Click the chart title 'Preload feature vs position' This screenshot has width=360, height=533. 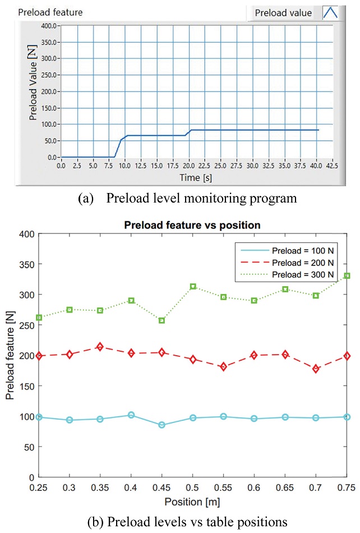click(193, 225)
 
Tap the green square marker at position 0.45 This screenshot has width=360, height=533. click(162, 320)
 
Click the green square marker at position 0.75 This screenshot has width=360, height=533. click(347, 276)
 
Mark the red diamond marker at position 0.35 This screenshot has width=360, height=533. click(100, 347)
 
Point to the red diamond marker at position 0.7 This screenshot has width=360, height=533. click(316, 369)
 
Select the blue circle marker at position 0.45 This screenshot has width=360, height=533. click(162, 425)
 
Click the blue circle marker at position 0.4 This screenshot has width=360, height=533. click(131, 415)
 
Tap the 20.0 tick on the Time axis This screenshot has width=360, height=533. click(190, 166)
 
